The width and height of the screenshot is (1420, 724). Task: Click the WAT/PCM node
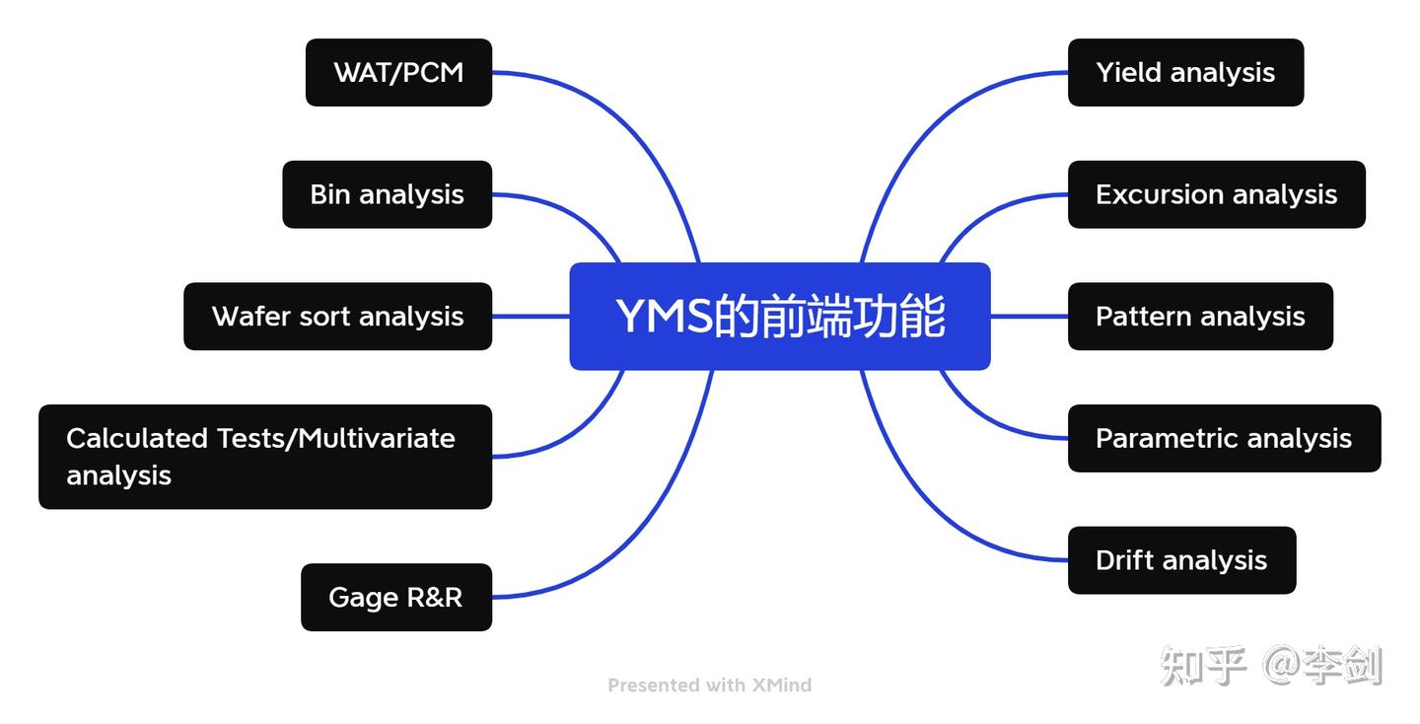[x=398, y=72]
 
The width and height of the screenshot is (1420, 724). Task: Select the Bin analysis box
[x=387, y=194]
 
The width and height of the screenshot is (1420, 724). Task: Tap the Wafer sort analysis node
[x=337, y=317]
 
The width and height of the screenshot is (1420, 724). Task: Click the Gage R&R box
[x=395, y=597]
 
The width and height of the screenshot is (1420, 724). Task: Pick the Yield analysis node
[x=1185, y=72]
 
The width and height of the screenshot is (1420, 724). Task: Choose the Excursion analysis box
[x=1216, y=194]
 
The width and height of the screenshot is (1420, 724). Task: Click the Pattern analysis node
[x=1200, y=317]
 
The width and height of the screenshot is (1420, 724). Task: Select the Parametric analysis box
[x=1224, y=438]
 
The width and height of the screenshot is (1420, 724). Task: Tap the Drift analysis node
[x=1181, y=560]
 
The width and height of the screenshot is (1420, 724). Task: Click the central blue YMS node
[x=779, y=317]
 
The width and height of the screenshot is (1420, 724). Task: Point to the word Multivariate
[x=376, y=438]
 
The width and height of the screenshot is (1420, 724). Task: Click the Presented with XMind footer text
[x=709, y=685]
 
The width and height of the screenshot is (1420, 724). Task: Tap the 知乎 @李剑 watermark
[x=1271, y=666]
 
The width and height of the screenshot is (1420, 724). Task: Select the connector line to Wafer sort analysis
[x=531, y=317]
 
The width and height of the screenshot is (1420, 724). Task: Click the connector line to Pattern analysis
[x=1029, y=317]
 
